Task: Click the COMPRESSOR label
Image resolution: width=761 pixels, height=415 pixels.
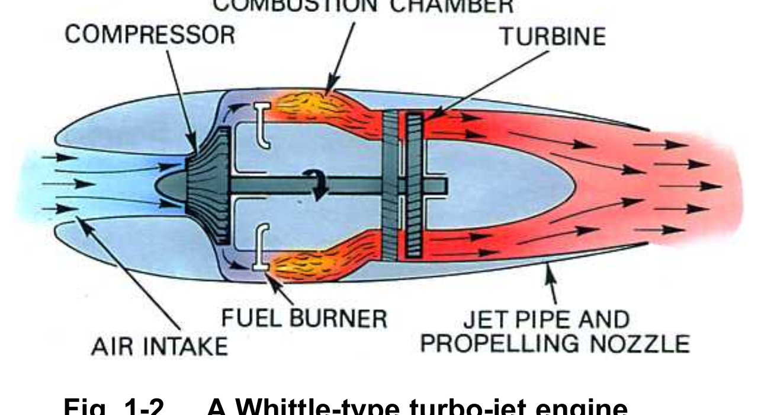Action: click(x=149, y=35)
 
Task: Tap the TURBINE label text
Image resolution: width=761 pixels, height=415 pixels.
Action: click(x=553, y=36)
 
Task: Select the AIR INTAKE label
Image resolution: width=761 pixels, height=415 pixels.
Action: click(x=159, y=345)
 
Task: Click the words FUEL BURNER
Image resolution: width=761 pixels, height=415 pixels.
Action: click(x=304, y=318)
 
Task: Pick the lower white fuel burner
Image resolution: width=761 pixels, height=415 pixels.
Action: click(x=261, y=248)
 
